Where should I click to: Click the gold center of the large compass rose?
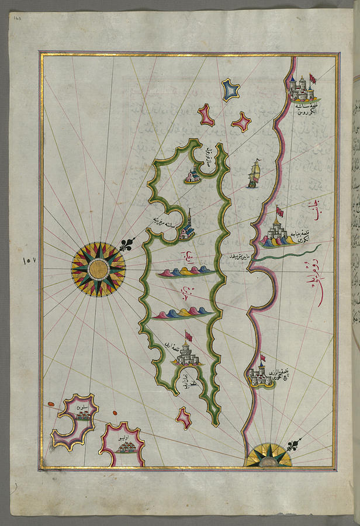pyautogui.click(x=98, y=269)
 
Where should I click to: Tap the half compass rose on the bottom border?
pyautogui.click(x=268, y=456)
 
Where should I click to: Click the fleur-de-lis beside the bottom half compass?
pyautogui.click(x=293, y=445)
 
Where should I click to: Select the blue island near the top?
pyautogui.click(x=230, y=89)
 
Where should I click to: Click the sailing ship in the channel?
pyautogui.click(x=253, y=174)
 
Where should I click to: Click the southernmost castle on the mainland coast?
pyautogui.click(x=259, y=374)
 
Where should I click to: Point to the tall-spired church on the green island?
pyautogui.click(x=187, y=228)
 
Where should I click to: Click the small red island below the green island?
pyautogui.click(x=184, y=417)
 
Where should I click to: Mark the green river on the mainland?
pyautogui.click(x=286, y=253)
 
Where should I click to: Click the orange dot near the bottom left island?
pyautogui.click(x=52, y=404)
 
